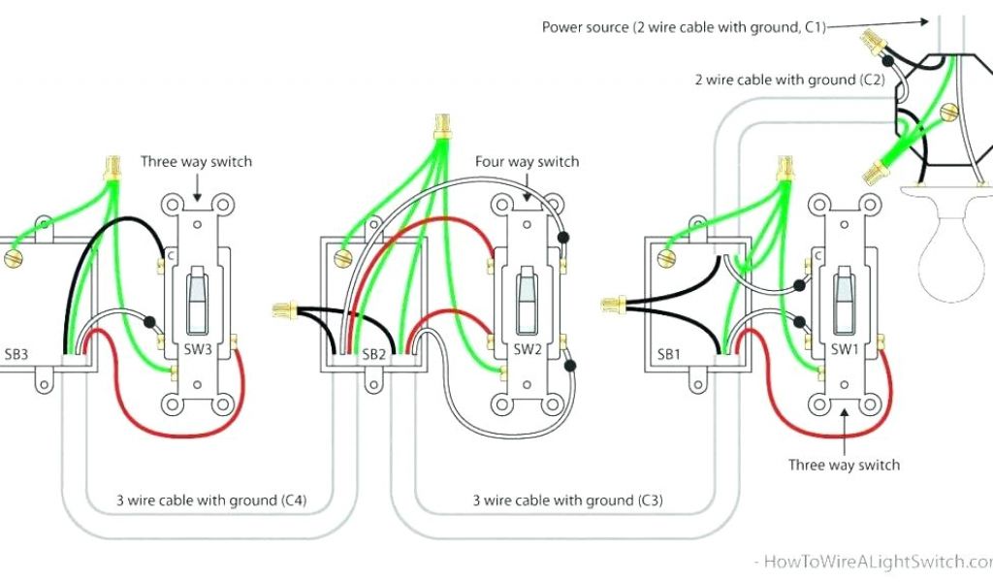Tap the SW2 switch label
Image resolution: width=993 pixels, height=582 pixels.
pyautogui.click(x=527, y=349)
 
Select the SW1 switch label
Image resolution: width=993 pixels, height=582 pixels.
pyautogui.click(x=843, y=349)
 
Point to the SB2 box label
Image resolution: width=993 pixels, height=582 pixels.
pyautogui.click(x=375, y=354)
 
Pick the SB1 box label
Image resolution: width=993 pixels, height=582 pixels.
pyautogui.click(x=669, y=354)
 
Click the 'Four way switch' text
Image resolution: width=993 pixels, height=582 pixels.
pyautogui.click(x=527, y=161)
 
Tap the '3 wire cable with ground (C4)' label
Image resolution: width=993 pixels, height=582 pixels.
pyautogui.click(x=211, y=501)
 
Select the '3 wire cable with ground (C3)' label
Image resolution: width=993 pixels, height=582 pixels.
pyautogui.click(x=567, y=501)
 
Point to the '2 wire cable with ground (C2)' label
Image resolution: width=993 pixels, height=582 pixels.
pyautogui.click(x=788, y=80)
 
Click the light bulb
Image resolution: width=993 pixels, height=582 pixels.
pyautogui.click(x=956, y=254)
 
